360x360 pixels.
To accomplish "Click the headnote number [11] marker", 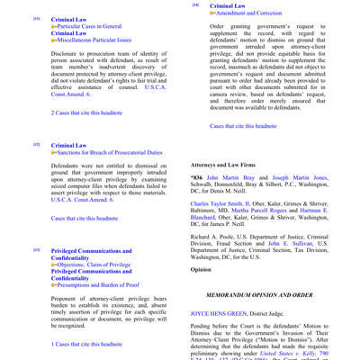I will pyautogui.click(x=36, y=18).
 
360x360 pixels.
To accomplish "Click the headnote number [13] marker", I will pyautogui.click(x=36, y=248).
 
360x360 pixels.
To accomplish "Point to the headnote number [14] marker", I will pyautogui.click(x=195, y=5).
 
